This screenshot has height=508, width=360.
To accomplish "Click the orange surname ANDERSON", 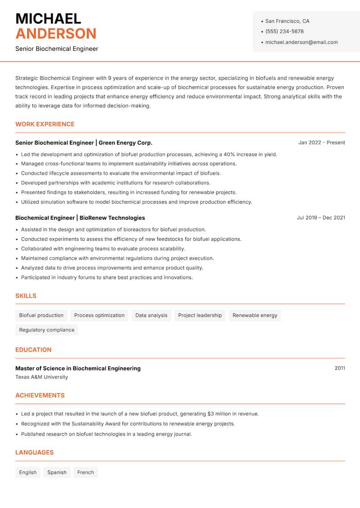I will [x=56, y=34].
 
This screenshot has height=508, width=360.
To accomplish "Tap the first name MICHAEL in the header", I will [x=48, y=18].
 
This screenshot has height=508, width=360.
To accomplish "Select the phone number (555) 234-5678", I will [x=284, y=31].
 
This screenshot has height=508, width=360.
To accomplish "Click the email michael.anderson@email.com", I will [x=301, y=42].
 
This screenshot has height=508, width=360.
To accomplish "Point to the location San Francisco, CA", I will [x=287, y=21].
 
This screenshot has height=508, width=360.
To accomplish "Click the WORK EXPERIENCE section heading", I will [x=45, y=125].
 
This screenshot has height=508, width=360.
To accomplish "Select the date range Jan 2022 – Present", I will [x=321, y=143].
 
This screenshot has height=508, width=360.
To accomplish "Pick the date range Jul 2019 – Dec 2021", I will [x=321, y=218].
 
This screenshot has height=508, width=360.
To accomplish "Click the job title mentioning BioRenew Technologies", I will [x=80, y=218].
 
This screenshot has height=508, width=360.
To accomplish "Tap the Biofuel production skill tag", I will [x=41, y=316].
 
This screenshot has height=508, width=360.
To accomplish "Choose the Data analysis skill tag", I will [x=151, y=316].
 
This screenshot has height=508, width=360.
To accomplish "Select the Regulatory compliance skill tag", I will [x=47, y=330].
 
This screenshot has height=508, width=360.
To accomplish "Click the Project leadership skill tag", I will [x=200, y=316].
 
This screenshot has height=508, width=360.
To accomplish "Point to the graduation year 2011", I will [x=340, y=368].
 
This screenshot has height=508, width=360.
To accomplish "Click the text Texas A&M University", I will [x=42, y=377].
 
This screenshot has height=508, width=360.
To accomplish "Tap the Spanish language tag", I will [x=57, y=472].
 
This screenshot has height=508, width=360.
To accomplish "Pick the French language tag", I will [x=85, y=472].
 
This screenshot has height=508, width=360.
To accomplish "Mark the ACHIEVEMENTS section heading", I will [x=40, y=396].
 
